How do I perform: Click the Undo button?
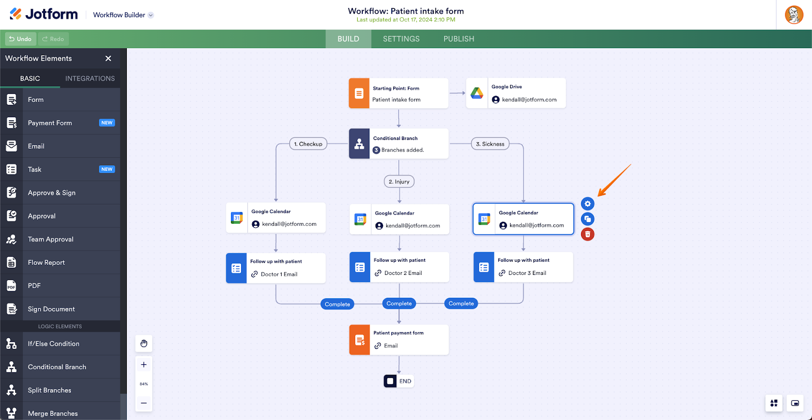20,39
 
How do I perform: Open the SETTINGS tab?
401,39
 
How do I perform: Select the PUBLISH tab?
459,39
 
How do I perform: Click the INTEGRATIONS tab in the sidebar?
90,79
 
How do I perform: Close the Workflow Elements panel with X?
108,58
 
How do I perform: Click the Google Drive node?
516,93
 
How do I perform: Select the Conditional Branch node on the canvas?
399,144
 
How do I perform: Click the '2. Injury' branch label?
399,182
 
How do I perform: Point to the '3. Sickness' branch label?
490,144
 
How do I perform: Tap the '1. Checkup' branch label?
308,144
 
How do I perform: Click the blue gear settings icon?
588,204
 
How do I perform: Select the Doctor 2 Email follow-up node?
399,267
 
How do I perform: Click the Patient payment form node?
399,340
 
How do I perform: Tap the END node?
399,381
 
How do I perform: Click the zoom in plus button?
144,365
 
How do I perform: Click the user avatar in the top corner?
794,15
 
